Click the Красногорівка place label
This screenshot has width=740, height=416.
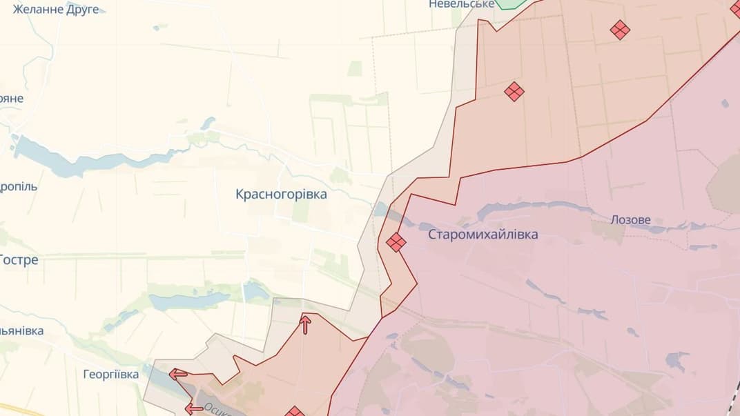281,195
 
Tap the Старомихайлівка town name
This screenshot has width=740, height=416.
483,235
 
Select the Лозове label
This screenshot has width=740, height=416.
630,220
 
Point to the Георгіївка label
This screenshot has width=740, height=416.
110,375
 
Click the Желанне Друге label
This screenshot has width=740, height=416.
56,9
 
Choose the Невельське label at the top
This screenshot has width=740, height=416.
461,4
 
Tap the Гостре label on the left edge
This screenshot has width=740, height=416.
19,260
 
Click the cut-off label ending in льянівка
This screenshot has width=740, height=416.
21,330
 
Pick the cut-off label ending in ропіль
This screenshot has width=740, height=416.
19,186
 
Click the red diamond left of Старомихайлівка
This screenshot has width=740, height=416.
396,242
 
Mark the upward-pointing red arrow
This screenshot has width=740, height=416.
305,324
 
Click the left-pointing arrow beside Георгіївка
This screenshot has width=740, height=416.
178,374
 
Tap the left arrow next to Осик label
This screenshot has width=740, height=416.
194,408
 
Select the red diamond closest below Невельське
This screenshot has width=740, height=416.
514,92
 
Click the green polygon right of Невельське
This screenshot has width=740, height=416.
509,3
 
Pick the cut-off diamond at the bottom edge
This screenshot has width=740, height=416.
295,412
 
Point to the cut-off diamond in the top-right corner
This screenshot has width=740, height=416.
736,8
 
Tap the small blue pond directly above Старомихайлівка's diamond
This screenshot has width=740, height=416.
381,209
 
